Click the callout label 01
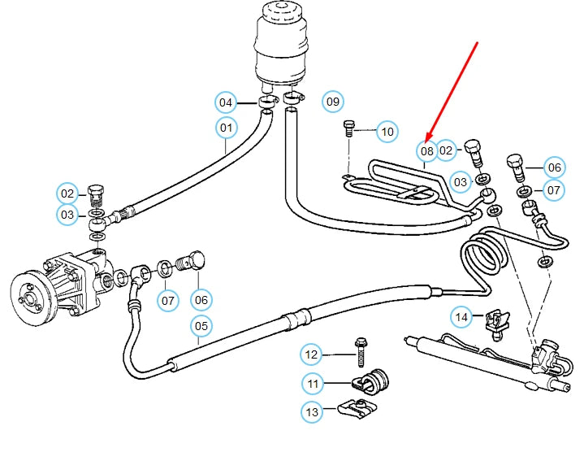click(226, 128)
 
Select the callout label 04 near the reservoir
click(226, 102)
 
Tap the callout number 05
click(201, 326)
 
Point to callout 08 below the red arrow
click(427, 150)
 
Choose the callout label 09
click(333, 102)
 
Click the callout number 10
click(387, 131)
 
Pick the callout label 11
click(313, 383)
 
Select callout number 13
click(313, 413)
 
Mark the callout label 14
click(461, 316)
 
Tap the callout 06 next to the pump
click(201, 300)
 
